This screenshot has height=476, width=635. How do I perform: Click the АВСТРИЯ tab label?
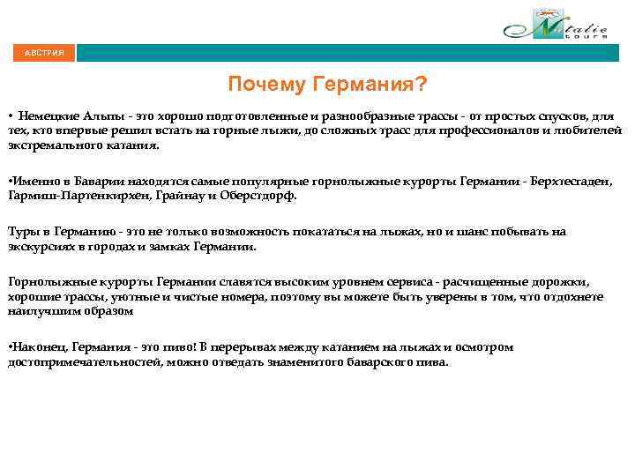point(44,53)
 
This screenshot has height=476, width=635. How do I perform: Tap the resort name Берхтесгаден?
point(573,181)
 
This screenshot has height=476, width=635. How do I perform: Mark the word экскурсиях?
point(43,246)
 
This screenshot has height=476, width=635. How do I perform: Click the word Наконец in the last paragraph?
point(39,347)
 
